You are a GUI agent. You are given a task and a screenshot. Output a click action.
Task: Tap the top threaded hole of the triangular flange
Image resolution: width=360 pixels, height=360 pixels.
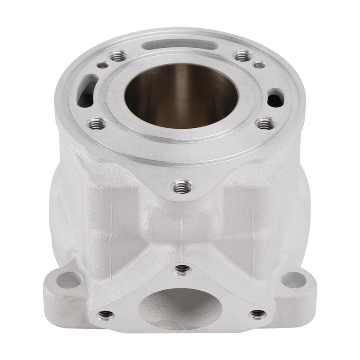point(181,269)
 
